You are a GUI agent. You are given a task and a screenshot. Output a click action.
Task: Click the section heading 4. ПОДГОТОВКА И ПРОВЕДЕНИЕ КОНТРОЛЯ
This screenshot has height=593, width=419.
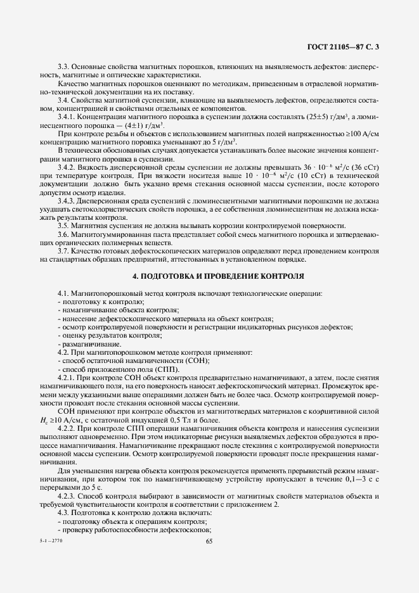point(209,277)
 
